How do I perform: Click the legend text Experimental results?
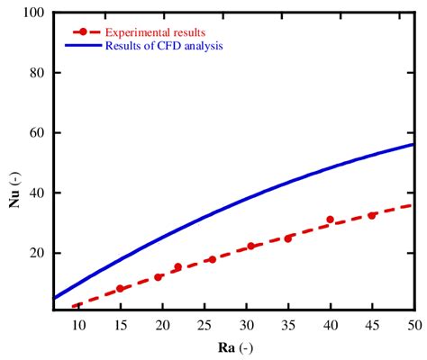point(155,32)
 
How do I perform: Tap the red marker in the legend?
point(83,32)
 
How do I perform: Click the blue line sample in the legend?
point(83,45)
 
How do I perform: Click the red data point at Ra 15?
point(120,289)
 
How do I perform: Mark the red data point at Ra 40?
point(330,220)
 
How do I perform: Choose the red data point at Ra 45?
point(372,215)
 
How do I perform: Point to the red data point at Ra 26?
point(212,259)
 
